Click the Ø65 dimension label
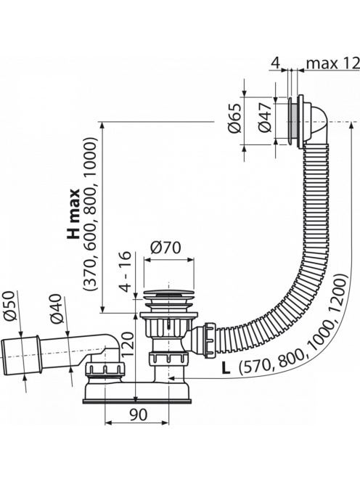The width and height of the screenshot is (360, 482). pos(235,118)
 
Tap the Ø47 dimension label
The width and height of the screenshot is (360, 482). pos(265,118)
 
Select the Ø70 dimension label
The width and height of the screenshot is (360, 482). pos(165,248)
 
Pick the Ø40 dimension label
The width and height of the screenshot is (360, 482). pos(57,309)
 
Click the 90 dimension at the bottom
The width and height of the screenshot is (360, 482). pos(138,414)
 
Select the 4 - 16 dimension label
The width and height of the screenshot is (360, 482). pos(126,271)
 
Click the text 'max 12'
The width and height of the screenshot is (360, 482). pos(333,64)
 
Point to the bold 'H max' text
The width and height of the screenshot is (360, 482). pos(73,214)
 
